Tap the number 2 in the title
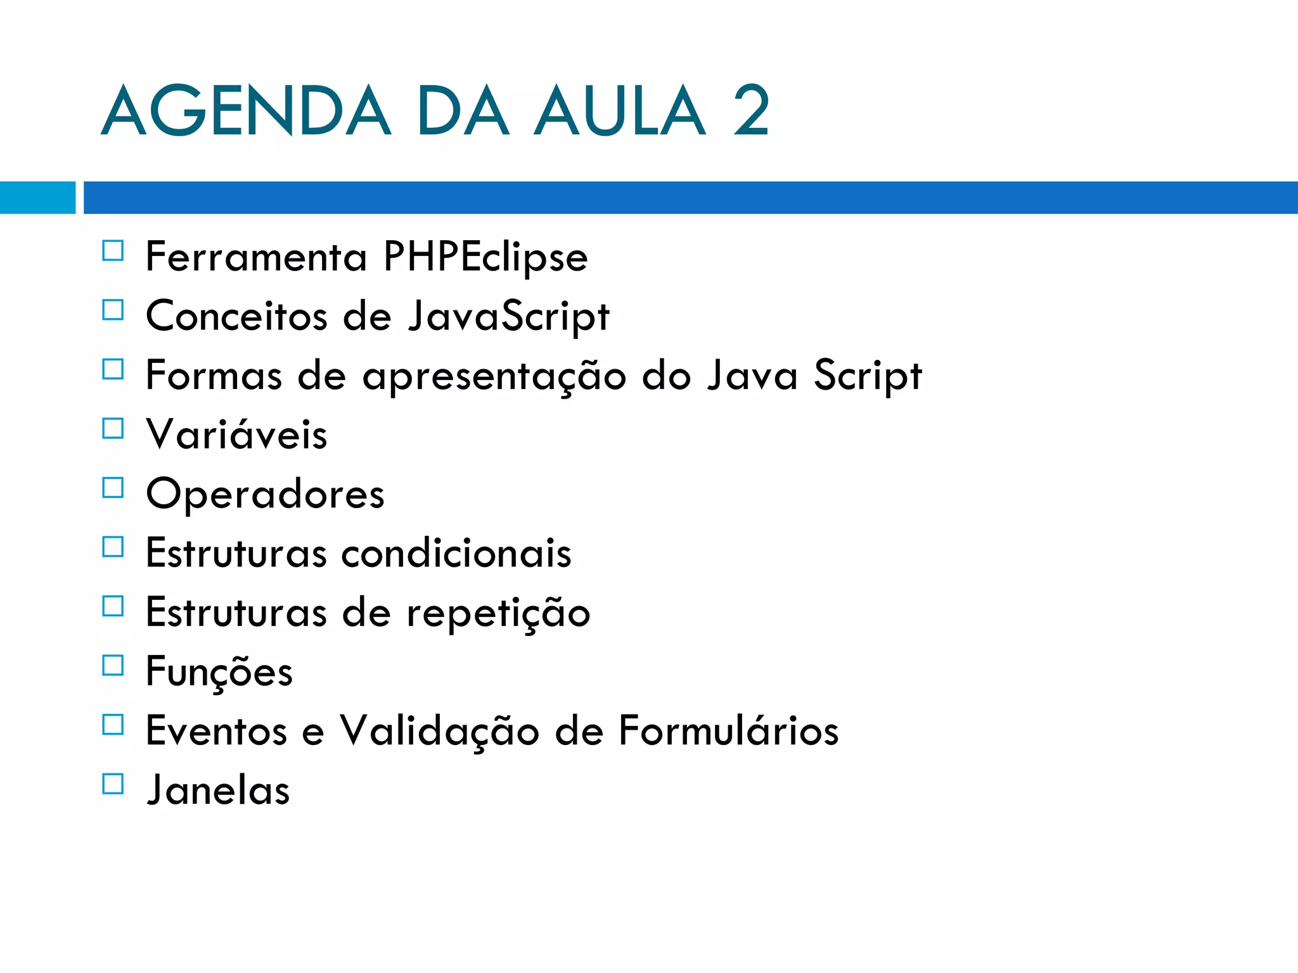click(751, 111)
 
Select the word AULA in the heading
click(619, 111)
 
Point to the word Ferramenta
click(256, 257)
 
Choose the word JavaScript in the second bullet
click(508, 316)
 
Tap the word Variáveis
click(236, 434)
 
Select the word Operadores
click(265, 494)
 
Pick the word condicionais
click(456, 552)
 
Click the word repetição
click(498, 613)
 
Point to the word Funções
click(219, 672)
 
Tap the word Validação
click(439, 731)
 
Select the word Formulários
click(728, 730)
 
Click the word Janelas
click(218, 790)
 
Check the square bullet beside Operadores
click(113, 488)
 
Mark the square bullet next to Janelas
click(113, 784)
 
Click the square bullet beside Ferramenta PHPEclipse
click(113, 251)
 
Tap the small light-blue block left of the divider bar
click(37, 198)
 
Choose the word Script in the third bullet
click(868, 376)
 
